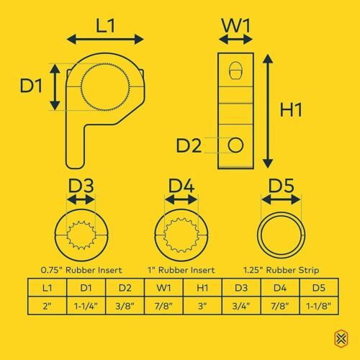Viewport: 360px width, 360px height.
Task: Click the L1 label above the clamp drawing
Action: [106, 25]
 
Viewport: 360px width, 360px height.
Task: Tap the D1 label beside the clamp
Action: [31, 86]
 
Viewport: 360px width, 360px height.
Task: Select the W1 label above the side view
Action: [236, 25]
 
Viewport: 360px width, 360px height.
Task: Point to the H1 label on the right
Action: [291, 110]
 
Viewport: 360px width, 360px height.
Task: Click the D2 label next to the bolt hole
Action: [189, 145]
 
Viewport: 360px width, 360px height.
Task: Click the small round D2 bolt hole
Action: [235, 145]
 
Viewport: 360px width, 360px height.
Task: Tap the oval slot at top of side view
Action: [235, 71]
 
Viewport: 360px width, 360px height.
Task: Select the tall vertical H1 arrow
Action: [268, 111]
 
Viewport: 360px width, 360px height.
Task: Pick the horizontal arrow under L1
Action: [105, 40]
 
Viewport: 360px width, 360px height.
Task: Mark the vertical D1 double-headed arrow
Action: [55, 87]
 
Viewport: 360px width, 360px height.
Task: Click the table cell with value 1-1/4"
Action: [86, 305]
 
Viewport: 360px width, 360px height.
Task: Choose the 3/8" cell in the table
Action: [125, 305]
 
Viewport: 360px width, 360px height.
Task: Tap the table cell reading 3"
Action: [202, 305]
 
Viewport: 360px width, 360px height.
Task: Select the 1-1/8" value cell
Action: [319, 305]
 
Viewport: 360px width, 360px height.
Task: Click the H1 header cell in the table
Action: [202, 287]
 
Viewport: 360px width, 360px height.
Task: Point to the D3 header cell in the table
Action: [241, 287]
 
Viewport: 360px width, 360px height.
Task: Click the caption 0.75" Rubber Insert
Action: [81, 270]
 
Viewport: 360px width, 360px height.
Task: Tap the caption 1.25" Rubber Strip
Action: [282, 270]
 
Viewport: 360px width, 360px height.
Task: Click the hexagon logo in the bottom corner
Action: [341, 338]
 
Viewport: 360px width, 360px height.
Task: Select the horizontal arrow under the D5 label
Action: [281, 199]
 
